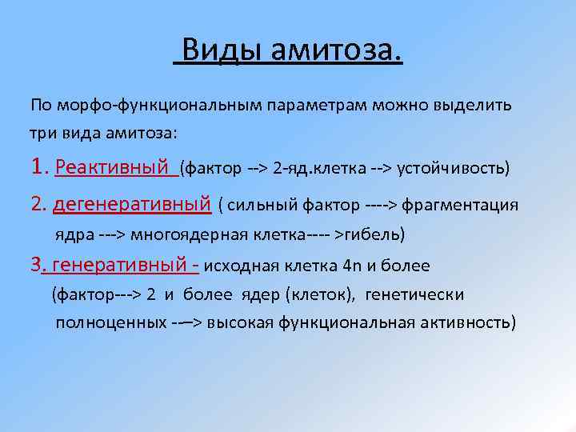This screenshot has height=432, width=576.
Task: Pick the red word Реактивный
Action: (x=114, y=168)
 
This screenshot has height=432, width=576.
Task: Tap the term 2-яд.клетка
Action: (x=318, y=169)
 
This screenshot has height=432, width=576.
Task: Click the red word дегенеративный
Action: (x=131, y=205)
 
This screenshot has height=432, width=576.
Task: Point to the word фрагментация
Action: (x=460, y=206)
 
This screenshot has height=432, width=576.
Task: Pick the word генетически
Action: (x=414, y=294)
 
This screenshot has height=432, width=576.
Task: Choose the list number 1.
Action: (x=39, y=167)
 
